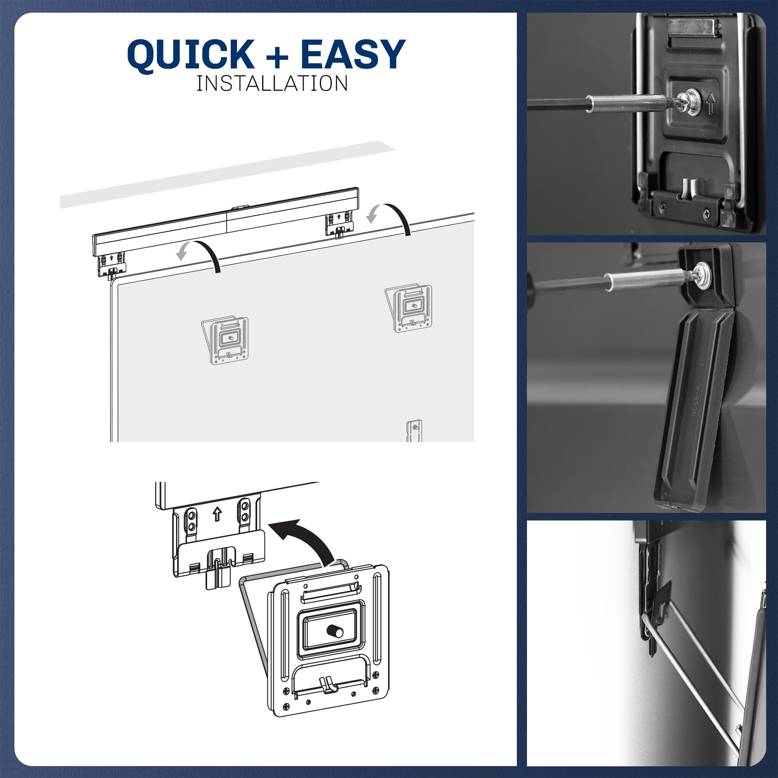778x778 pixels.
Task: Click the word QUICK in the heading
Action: (191, 55)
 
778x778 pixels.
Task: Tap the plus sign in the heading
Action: (277, 57)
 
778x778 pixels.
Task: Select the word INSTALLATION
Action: (272, 84)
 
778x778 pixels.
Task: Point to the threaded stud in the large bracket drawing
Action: (335, 631)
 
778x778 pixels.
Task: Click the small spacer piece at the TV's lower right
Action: (414, 430)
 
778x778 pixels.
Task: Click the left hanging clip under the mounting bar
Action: (112, 265)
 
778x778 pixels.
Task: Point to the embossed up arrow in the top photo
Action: (711, 103)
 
